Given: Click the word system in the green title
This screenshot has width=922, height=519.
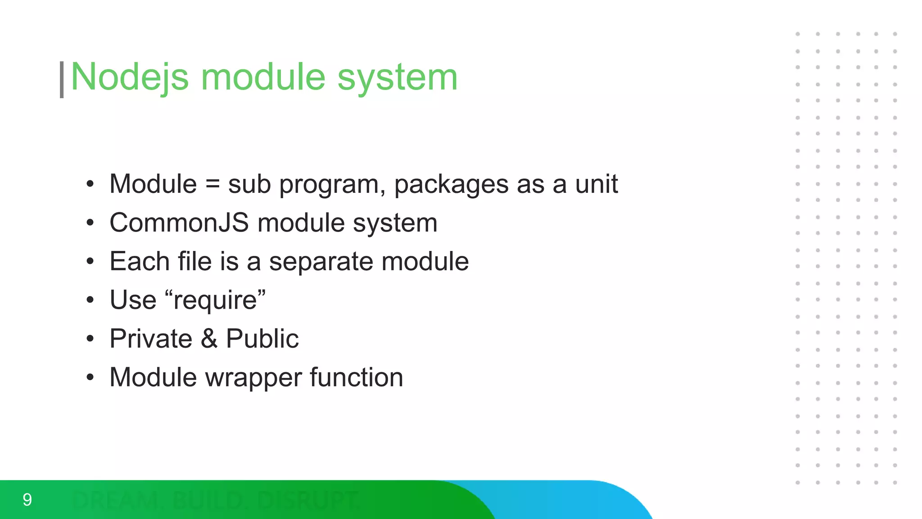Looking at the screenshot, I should point(398,77).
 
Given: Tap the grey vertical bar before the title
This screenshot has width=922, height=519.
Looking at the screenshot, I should point(62,80).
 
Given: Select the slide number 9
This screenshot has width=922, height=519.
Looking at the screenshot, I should point(27,500).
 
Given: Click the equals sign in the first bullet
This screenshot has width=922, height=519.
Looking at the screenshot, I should point(212,184).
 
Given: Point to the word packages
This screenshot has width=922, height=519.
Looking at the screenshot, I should point(452,185).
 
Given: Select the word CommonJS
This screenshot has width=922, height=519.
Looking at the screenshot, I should point(179,223).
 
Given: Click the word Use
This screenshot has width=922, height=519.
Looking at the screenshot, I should point(133,300).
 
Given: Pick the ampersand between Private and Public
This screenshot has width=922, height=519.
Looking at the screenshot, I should point(209,339).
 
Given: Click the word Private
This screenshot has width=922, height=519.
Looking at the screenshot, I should point(151,339).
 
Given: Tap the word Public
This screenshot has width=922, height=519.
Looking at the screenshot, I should point(262,339).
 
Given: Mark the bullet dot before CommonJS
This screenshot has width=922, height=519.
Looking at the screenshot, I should point(90,223).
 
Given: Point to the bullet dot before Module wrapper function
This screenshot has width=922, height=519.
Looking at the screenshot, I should point(90,377).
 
